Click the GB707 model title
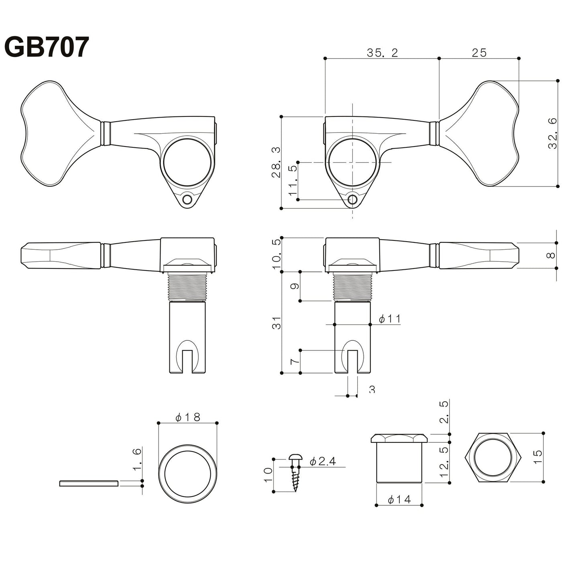tap(46, 47)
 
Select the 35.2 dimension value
tap(382, 53)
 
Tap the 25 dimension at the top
tap(479, 53)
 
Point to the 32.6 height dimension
tap(553, 134)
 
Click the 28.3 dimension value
tap(276, 162)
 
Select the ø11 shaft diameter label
tap(390, 319)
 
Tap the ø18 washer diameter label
tap(188, 417)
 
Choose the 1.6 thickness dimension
tap(137, 460)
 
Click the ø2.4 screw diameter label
tap(322, 462)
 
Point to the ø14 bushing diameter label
tap(399, 499)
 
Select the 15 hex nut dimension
tap(538, 457)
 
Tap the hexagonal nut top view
tap(493, 458)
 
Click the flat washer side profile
tap(88, 483)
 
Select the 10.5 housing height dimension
tap(276, 254)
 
